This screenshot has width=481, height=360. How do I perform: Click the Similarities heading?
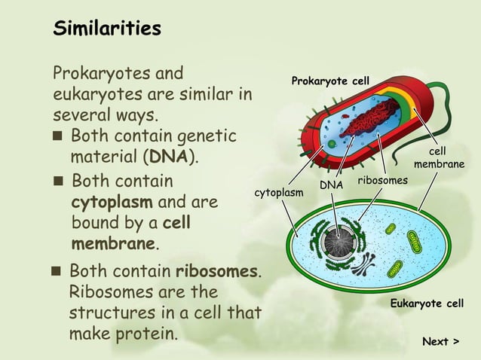click(x=106, y=29)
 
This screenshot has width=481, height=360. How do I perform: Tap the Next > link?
click(x=440, y=341)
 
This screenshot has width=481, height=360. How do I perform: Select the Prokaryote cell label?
click(x=330, y=81)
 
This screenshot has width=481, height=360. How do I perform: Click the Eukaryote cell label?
click(x=426, y=304)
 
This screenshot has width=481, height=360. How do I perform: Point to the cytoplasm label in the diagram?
click(x=279, y=193)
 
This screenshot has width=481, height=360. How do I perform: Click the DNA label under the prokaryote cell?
click(x=331, y=184)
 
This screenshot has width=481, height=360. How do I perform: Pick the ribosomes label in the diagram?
click(x=382, y=181)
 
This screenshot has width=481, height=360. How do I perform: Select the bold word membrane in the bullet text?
click(x=114, y=244)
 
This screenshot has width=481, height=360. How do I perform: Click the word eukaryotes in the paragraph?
click(x=93, y=96)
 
